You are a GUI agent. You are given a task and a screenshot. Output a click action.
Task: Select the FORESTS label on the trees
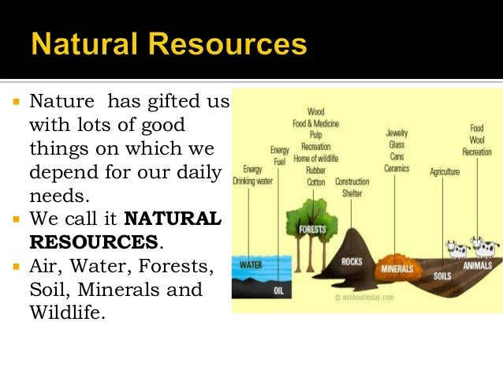click(312, 230)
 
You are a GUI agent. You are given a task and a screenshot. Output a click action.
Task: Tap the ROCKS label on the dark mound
click(352, 261)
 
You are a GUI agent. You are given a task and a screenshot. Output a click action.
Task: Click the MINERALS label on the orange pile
click(397, 269)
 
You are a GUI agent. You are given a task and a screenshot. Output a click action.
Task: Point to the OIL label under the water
click(278, 290)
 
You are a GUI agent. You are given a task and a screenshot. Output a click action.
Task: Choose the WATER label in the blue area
click(251, 265)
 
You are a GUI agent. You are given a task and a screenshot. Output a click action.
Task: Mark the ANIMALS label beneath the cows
click(478, 266)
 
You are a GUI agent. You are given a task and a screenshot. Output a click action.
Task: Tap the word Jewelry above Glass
click(397, 133)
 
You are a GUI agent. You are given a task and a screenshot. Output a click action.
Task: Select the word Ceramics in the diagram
click(397, 167)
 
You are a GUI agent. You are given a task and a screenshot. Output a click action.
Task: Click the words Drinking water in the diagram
click(252, 181)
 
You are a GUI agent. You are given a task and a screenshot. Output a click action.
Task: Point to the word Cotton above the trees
click(315, 182)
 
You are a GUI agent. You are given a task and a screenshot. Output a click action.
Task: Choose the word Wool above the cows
click(477, 140)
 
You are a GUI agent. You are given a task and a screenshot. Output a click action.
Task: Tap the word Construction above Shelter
click(352, 182)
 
